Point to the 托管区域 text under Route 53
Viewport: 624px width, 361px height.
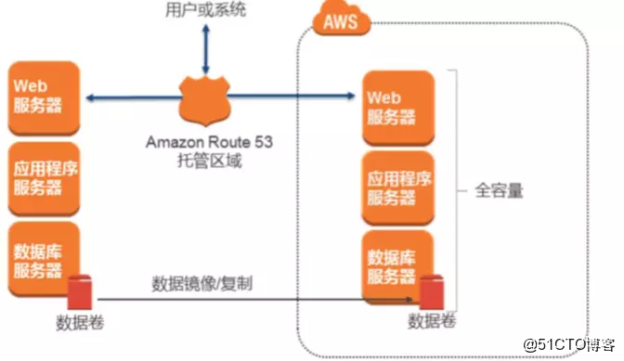(205, 159)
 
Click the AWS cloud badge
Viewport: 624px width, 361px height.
(340, 21)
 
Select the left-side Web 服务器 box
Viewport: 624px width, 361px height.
(40, 96)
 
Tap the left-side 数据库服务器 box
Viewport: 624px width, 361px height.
(40, 252)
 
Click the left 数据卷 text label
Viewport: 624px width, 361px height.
(77, 324)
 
